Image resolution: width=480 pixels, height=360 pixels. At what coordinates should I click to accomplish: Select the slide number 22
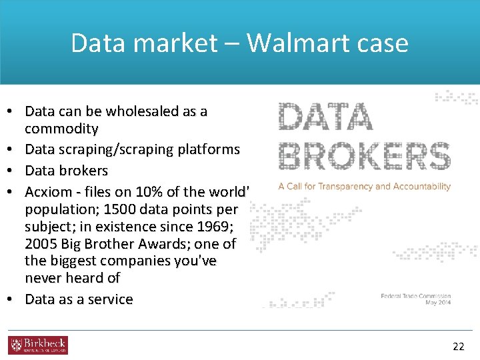coord(458,346)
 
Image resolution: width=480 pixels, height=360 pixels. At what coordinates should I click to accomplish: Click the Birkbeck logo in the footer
coord(38,345)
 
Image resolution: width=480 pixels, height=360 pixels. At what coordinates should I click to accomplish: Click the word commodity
coord(61,128)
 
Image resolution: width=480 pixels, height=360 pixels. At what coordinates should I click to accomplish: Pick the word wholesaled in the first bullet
coord(145,111)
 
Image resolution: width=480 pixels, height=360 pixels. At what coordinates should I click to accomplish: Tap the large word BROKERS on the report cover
coord(364,156)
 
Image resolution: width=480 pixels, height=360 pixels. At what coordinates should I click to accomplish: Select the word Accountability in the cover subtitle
coord(419,187)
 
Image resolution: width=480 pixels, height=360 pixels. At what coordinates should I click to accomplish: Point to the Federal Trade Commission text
coord(415,296)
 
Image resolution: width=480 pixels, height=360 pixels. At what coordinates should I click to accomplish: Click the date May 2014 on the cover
coord(437,304)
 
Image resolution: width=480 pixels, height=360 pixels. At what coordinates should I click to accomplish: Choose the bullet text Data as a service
coord(79,299)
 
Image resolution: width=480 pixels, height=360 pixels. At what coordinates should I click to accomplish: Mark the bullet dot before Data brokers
coord(14,171)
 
